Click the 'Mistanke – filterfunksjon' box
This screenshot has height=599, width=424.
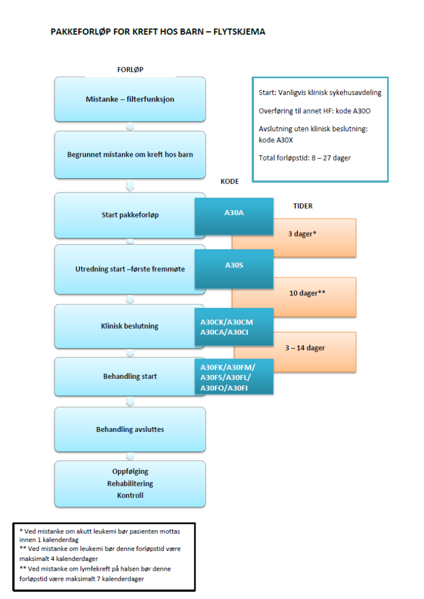pos(130,99)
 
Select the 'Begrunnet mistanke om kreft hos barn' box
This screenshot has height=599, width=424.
pos(130,154)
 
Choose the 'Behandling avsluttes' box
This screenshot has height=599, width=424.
pos(130,429)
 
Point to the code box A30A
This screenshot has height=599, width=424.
pos(234,212)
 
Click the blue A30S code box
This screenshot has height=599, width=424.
pos(234,265)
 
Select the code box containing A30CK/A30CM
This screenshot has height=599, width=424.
pos(234,327)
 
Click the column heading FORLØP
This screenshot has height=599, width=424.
pos(130,69)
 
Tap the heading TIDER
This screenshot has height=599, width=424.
pos(303,206)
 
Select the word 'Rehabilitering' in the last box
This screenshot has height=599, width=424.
pos(130,483)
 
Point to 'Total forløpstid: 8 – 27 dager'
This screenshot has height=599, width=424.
pos(305,158)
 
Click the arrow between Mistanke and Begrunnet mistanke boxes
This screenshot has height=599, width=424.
pos(130,126)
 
